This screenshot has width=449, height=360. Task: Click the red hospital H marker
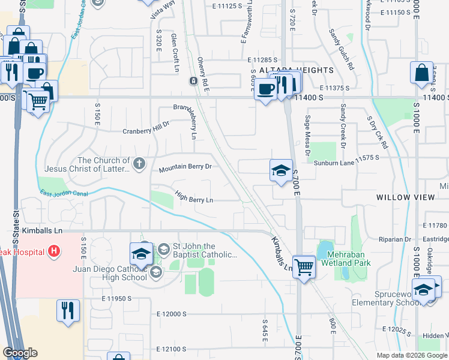[x=54, y=250]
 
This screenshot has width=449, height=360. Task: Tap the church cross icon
[x=139, y=163]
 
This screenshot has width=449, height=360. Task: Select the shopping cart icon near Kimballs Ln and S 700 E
[x=305, y=266]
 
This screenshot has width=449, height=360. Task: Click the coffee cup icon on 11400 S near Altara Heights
[x=265, y=89]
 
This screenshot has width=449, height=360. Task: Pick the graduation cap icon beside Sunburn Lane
[x=280, y=171]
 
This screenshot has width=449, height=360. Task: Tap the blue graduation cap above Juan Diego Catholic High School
[x=141, y=253]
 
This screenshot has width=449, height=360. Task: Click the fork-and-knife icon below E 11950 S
[x=67, y=311]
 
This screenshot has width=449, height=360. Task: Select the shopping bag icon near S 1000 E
[x=421, y=73]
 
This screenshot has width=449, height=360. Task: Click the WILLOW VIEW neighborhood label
[x=402, y=197]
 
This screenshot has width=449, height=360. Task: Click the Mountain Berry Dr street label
[x=185, y=169]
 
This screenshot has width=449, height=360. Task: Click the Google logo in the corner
[x=20, y=353]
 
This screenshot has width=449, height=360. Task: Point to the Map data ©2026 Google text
[x=412, y=355]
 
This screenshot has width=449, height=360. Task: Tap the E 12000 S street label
[x=172, y=314]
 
